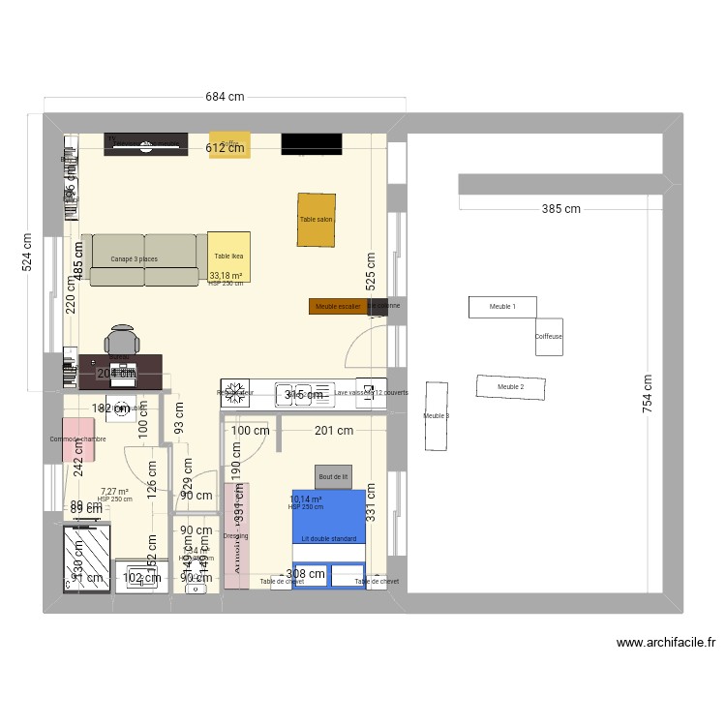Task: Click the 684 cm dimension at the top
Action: [224, 96]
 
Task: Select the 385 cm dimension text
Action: [560, 209]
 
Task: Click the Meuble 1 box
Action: [502, 307]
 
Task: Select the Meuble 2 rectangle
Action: [510, 387]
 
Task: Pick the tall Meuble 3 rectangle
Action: [437, 415]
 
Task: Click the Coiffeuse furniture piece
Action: [549, 337]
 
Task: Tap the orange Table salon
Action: [316, 220]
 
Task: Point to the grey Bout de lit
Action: [333, 476]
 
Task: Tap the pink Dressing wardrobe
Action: [236, 535]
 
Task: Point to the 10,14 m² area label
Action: [305, 500]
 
